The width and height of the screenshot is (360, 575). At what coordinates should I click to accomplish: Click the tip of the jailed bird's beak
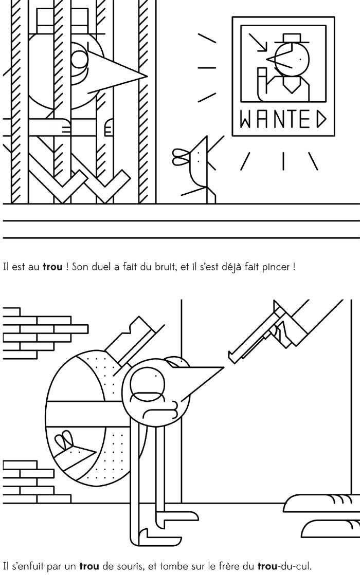click(x=148, y=76)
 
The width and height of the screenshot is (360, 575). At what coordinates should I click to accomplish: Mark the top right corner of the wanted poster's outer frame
click(x=334, y=17)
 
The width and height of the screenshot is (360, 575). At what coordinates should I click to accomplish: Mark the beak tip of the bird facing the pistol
click(x=224, y=367)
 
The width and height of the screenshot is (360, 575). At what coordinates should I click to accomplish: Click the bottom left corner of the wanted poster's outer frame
click(x=232, y=136)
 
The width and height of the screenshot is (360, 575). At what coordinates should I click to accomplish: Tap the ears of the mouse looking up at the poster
click(x=181, y=157)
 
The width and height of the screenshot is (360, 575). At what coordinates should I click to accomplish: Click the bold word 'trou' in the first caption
click(x=52, y=267)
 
